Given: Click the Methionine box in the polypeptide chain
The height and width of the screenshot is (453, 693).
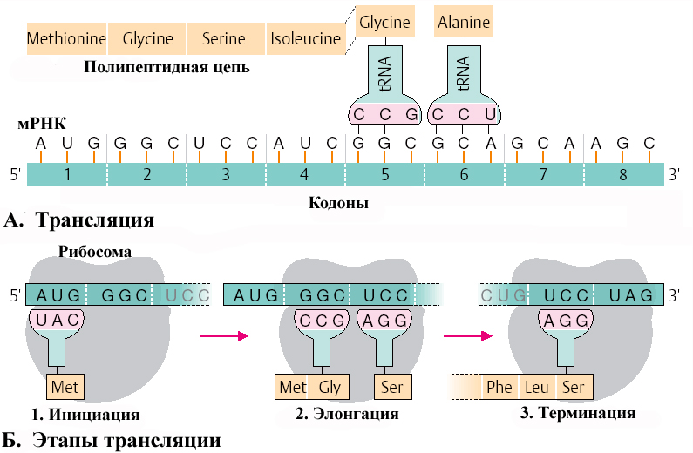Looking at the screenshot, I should pos(66,39).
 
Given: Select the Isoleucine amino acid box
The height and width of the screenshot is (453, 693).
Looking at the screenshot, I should pos(305,39).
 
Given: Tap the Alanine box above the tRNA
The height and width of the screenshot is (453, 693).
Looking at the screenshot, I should pos(464,23).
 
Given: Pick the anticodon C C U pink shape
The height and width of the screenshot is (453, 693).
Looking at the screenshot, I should pos(464,114).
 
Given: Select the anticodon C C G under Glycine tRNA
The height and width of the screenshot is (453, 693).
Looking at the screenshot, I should pos(384,114).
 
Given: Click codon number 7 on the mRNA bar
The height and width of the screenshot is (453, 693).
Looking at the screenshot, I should pos(543,174).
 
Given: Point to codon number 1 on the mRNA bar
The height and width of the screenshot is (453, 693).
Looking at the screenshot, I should pos(66,174).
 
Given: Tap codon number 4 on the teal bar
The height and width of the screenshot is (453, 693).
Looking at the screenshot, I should pos(304,174).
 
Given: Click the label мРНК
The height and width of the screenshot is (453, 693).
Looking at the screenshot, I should pos(42,124).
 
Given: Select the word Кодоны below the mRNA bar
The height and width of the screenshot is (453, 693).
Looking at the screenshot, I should pos(339,203).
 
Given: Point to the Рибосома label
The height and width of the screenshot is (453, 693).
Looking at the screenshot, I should pos(95,252).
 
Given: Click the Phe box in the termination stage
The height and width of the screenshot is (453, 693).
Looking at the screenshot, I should pos(499,386).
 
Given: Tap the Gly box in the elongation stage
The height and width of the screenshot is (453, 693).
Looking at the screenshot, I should pos(329,386).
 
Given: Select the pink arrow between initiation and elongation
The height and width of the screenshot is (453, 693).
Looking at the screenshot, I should pos(221,335).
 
